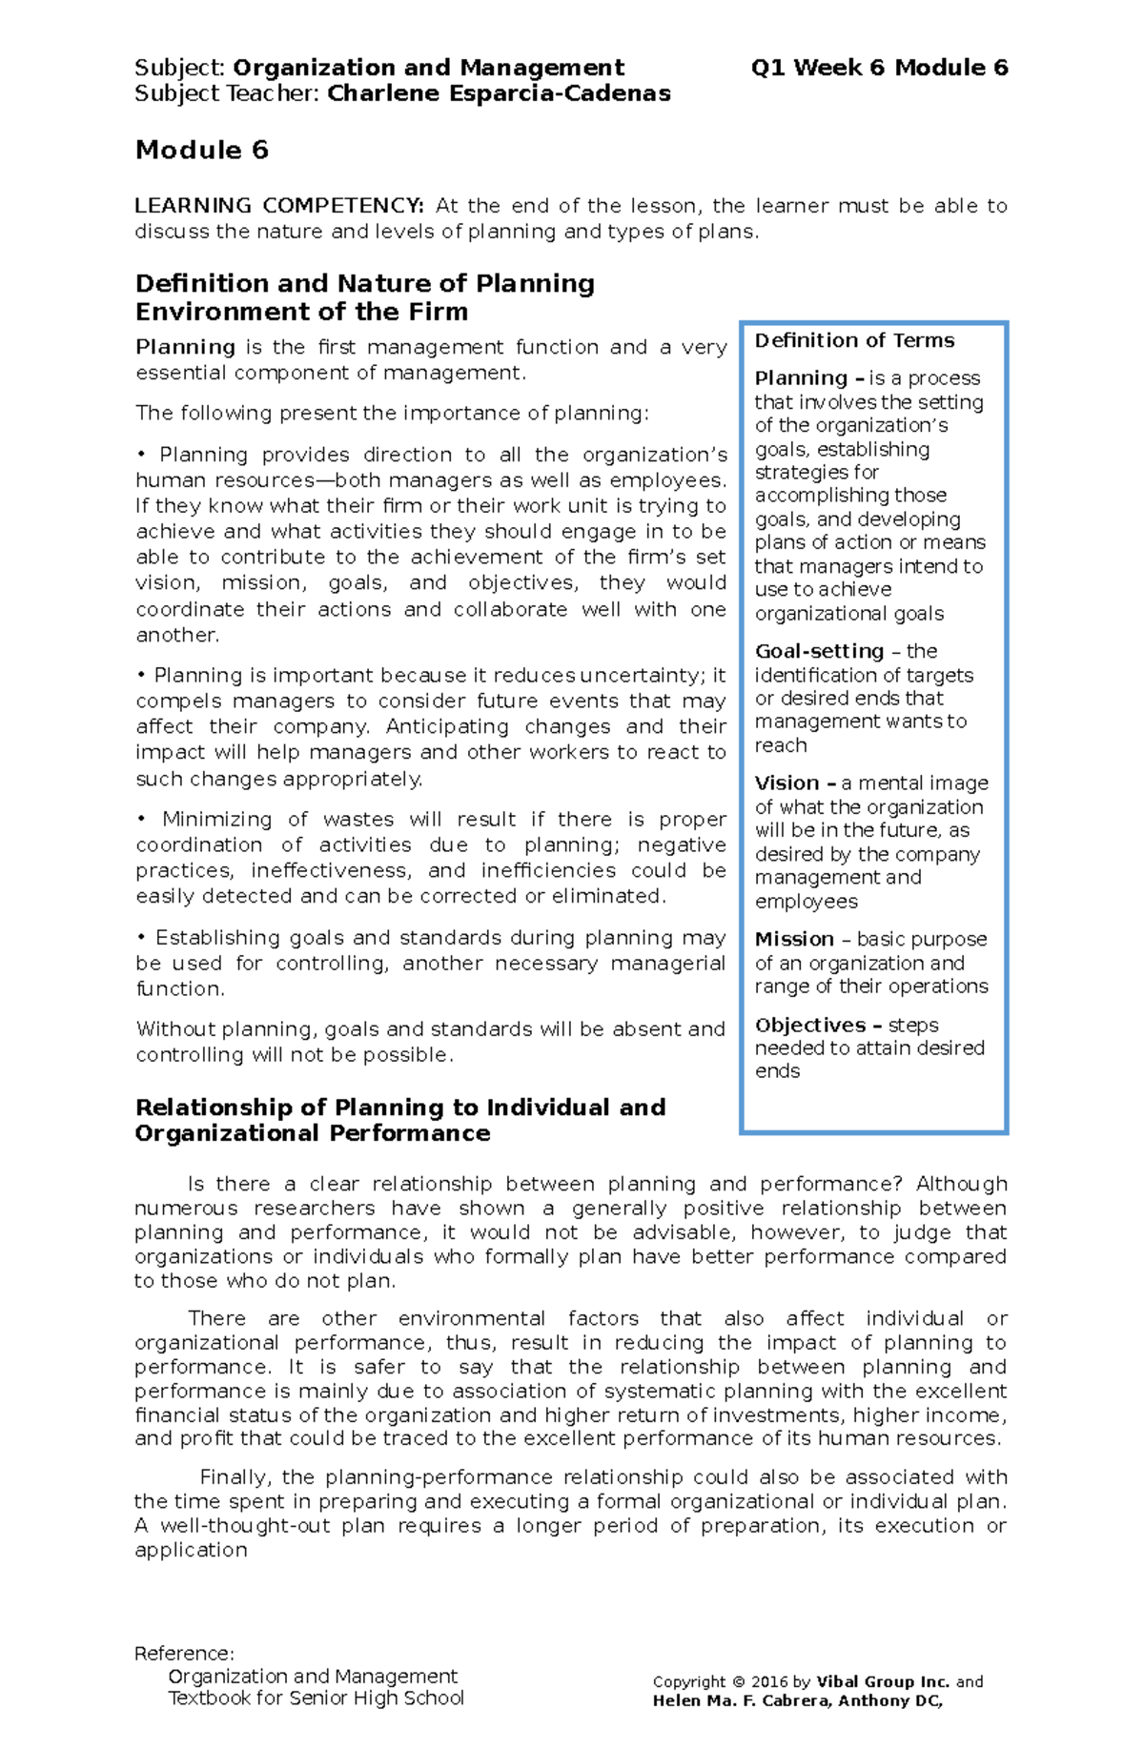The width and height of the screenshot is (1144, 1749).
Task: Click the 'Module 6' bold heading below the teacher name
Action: click(x=202, y=151)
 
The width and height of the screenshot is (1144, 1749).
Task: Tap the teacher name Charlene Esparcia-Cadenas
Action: click(x=499, y=93)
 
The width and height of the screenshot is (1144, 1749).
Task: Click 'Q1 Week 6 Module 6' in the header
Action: click(x=879, y=68)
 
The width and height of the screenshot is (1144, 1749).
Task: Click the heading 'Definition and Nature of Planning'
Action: click(x=365, y=284)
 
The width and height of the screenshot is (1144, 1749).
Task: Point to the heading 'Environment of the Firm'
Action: click(x=301, y=312)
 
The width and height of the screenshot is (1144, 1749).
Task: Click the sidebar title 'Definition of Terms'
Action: click(x=854, y=341)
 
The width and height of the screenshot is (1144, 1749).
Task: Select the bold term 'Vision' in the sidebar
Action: click(x=786, y=783)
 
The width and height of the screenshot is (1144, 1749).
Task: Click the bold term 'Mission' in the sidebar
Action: click(x=794, y=939)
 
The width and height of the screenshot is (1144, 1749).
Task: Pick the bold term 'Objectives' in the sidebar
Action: click(x=810, y=1026)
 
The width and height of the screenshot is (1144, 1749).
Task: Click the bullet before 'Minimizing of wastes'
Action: click(x=141, y=820)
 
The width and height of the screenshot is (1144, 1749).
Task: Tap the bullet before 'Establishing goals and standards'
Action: click(x=141, y=938)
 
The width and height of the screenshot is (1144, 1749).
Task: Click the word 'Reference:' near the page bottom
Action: click(x=184, y=1653)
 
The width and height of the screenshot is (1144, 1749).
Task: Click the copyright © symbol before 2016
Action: click(x=738, y=1682)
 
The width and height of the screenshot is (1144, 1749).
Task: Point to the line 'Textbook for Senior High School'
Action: click(x=316, y=1698)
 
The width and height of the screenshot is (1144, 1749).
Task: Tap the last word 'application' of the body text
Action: click(x=191, y=1550)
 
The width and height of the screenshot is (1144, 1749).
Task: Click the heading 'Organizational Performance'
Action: click(x=313, y=1133)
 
